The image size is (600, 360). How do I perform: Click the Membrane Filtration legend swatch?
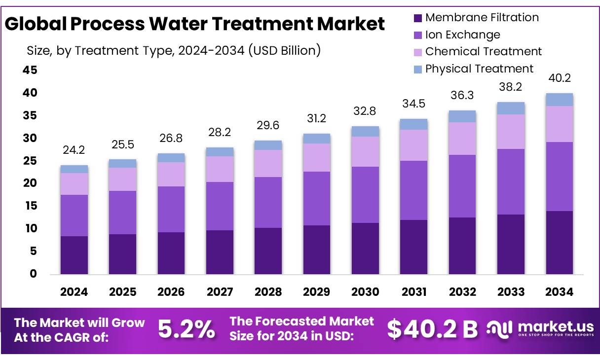click(x=417, y=18)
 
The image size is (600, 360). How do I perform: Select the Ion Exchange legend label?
click(x=462, y=35)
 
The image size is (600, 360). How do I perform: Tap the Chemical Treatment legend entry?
click(x=483, y=51)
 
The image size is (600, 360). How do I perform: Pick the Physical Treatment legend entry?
click(x=479, y=69)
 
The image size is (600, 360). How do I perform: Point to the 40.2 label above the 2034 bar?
click(x=559, y=78)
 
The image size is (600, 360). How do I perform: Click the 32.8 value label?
click(x=365, y=111)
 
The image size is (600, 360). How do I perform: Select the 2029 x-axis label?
click(x=317, y=292)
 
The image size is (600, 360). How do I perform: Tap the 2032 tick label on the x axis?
click(x=462, y=292)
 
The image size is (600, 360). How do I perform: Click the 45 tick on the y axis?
click(x=30, y=71)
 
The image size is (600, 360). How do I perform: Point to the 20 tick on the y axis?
click(x=30, y=183)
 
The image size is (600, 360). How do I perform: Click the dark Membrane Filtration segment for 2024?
click(x=74, y=255)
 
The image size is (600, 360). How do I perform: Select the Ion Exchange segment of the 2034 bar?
click(x=559, y=177)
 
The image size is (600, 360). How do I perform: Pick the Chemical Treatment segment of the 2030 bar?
click(x=365, y=151)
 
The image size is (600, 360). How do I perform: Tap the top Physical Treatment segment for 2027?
click(x=220, y=152)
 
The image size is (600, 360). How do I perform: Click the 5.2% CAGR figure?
click(x=187, y=329)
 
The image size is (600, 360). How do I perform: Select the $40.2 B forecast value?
click(x=432, y=329)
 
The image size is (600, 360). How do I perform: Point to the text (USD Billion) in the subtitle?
click(x=284, y=50)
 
